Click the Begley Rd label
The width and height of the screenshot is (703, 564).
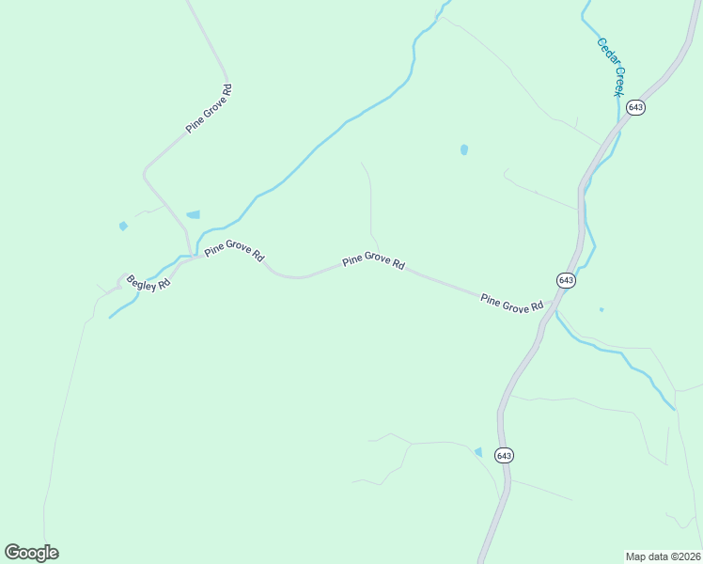point(148,280)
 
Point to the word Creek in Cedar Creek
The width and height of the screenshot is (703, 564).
point(618,80)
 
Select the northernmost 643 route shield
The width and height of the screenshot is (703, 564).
point(636,107)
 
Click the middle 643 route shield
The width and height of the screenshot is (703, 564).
point(565,280)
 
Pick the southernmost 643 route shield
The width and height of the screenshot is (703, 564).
point(504,455)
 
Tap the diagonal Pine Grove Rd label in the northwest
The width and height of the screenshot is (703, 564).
point(209,108)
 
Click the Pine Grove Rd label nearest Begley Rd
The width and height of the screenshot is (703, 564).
point(234,251)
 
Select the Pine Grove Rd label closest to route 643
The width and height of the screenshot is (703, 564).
point(512,304)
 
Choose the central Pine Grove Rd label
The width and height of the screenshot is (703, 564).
point(373,260)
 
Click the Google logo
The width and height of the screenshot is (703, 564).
point(32,552)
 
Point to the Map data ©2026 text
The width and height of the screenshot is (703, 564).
point(663,556)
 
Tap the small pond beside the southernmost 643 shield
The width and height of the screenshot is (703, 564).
point(478,452)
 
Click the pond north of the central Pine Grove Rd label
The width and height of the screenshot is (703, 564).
point(464,149)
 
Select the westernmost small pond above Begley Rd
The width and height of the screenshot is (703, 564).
point(123,226)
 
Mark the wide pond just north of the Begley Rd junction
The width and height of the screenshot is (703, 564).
point(194,215)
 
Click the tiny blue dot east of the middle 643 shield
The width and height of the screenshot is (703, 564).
point(601,308)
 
